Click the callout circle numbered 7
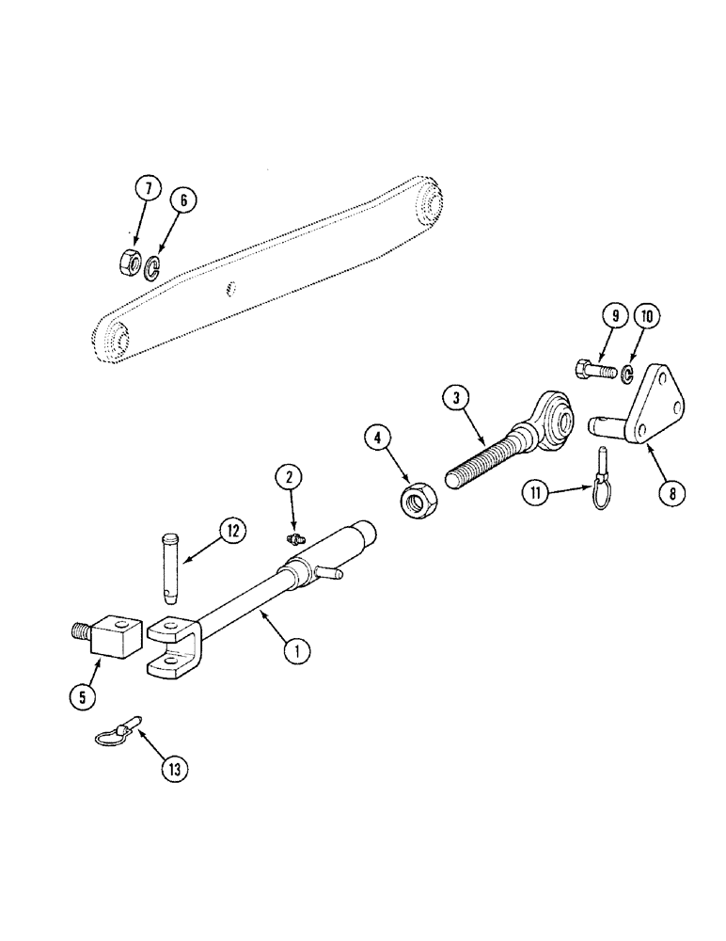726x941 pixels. tap(147, 187)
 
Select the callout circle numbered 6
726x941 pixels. tap(182, 199)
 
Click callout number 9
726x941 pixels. tap(610, 317)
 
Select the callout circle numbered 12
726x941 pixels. tap(231, 531)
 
